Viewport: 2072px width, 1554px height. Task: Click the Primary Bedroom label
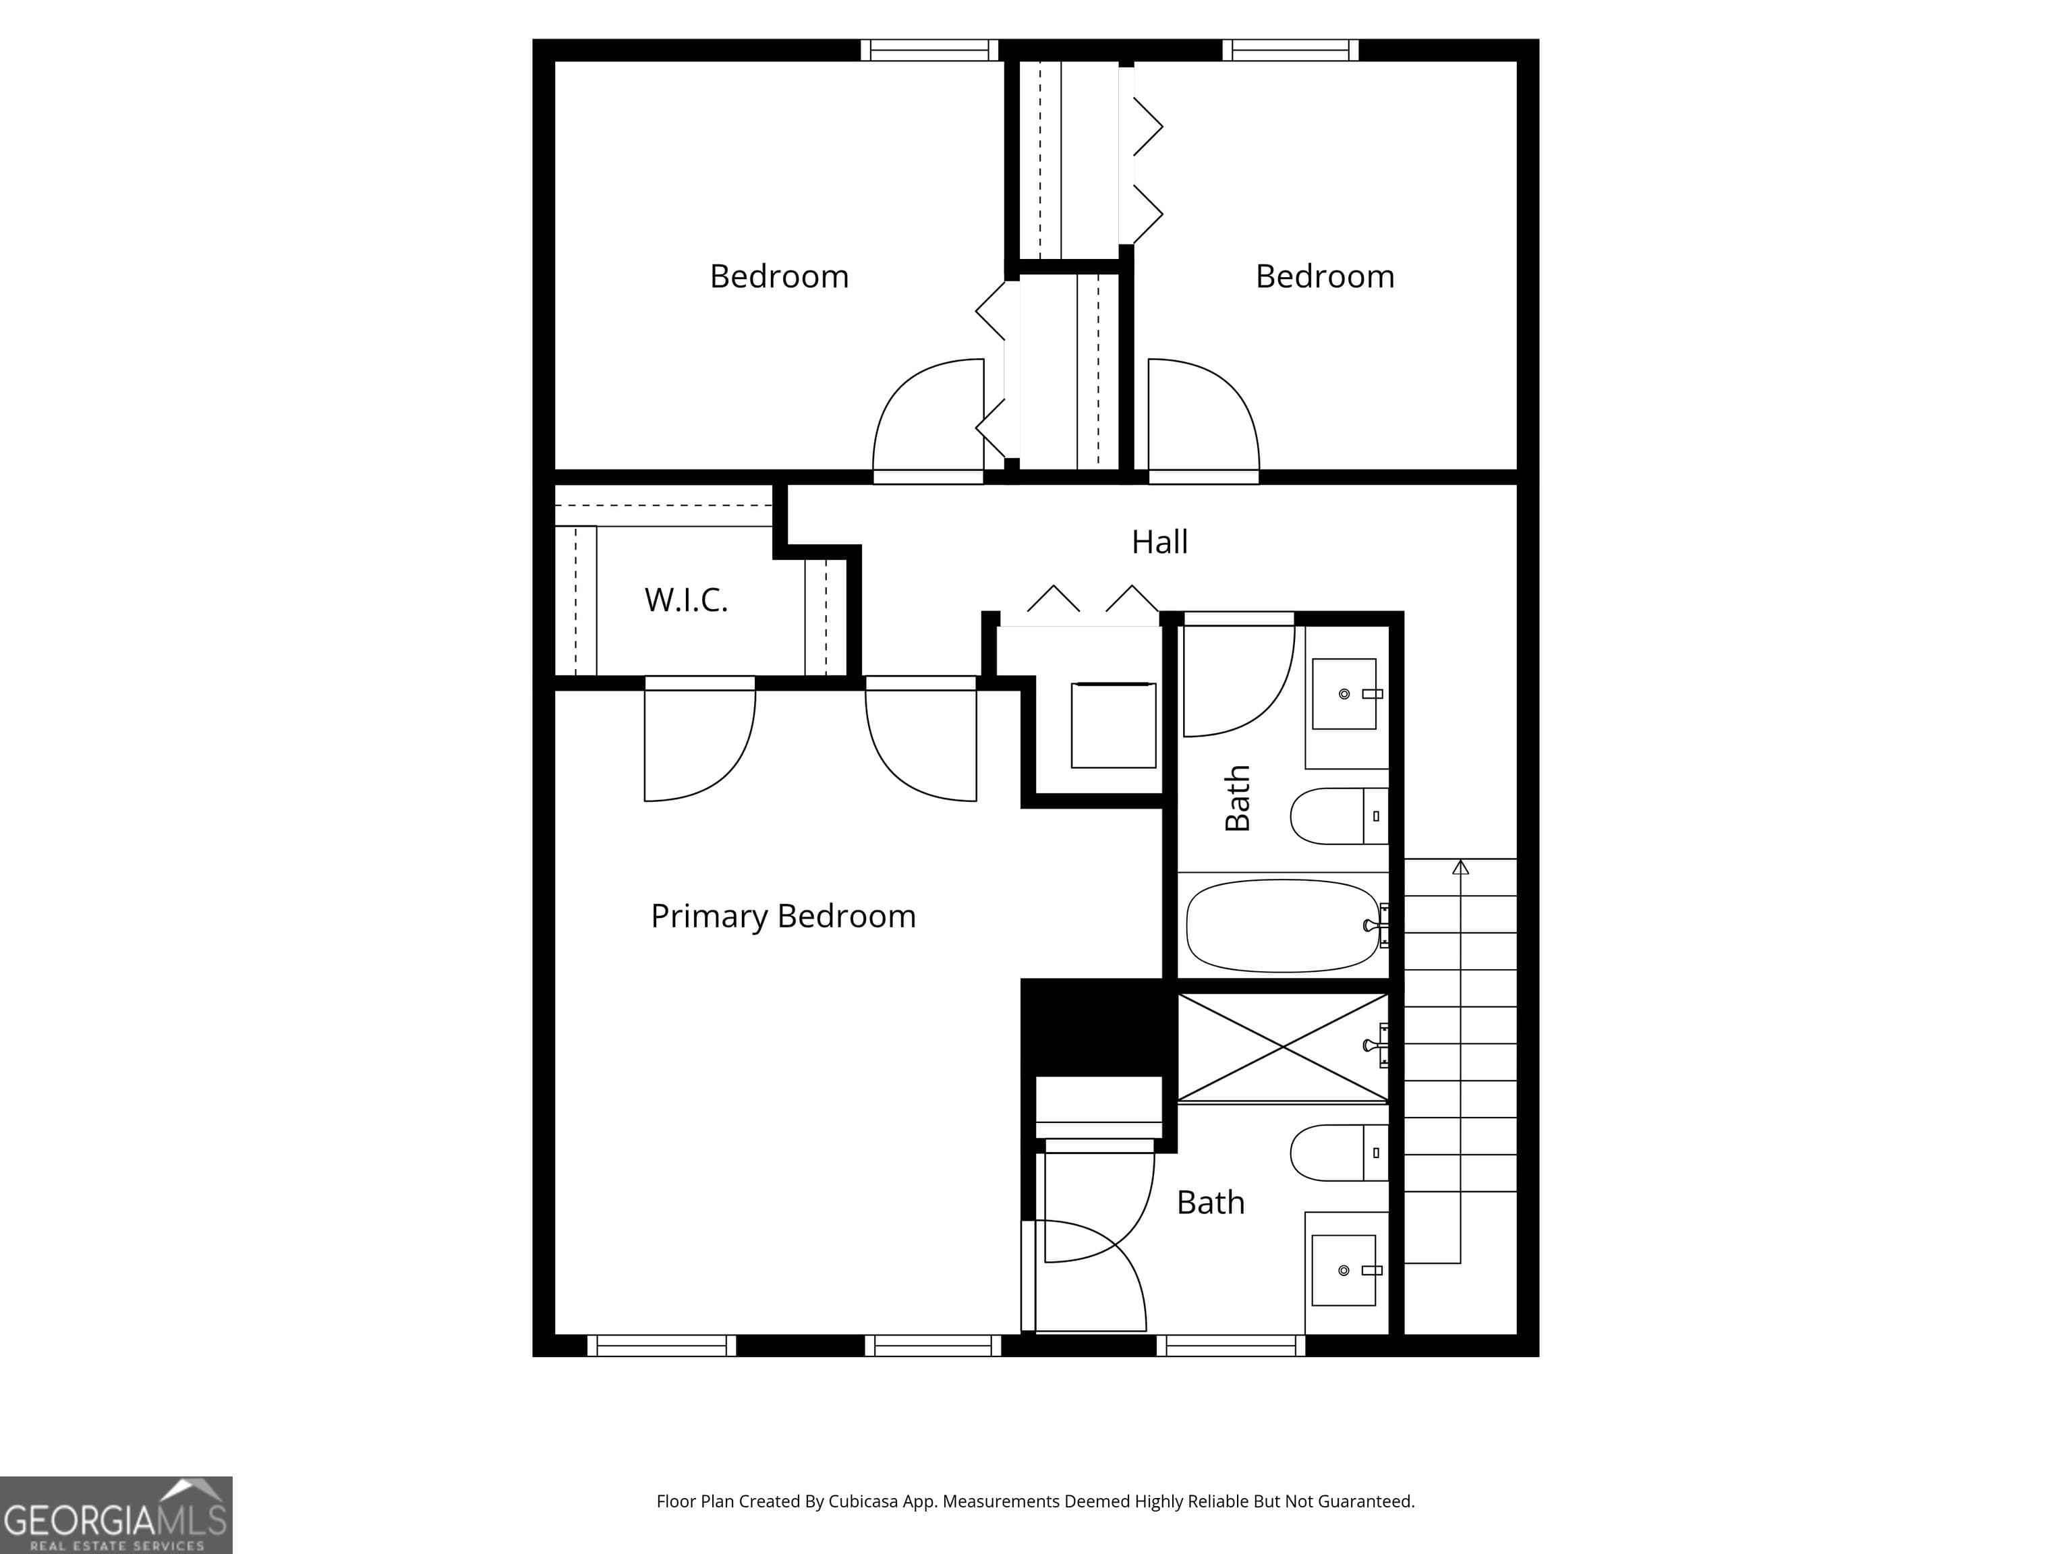click(783, 916)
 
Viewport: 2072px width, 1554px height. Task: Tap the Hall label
click(1159, 542)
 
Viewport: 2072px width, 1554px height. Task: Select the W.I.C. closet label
click(686, 600)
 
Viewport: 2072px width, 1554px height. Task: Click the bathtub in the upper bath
click(1282, 925)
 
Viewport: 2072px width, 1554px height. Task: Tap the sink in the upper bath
click(1344, 694)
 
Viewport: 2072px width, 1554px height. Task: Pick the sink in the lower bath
click(1344, 1270)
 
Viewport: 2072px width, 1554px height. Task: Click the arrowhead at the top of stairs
click(1460, 867)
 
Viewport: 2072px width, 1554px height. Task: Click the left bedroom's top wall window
click(929, 51)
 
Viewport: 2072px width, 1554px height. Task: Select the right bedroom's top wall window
click(1290, 51)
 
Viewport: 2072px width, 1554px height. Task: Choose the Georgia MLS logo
click(115, 1515)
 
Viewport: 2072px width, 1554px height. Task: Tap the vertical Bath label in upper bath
click(1238, 798)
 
